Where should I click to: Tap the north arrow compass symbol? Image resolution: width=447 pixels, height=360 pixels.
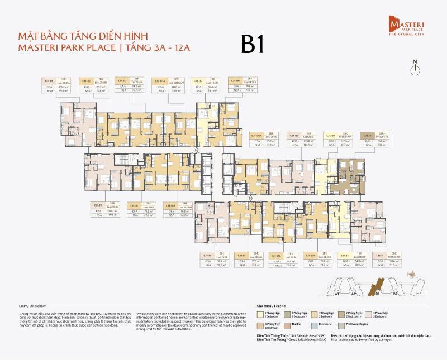(x=415, y=68)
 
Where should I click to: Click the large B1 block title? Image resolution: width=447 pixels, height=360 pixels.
(x=253, y=44)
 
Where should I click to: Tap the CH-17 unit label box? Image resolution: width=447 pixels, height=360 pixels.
(x=104, y=209)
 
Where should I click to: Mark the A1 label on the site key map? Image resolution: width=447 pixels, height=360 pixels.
(x=337, y=294)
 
